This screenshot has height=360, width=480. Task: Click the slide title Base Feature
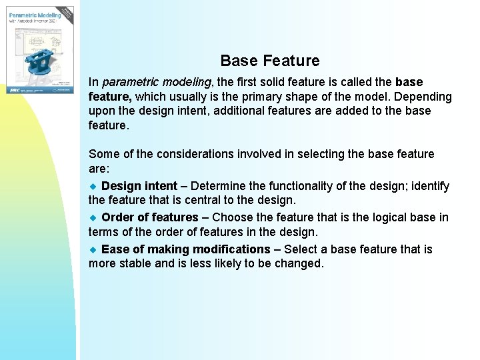pyautogui.click(x=269, y=61)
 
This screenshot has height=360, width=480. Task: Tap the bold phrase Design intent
pyautogui.click(x=139, y=186)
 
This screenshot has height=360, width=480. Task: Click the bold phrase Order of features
pyautogui.click(x=150, y=217)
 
